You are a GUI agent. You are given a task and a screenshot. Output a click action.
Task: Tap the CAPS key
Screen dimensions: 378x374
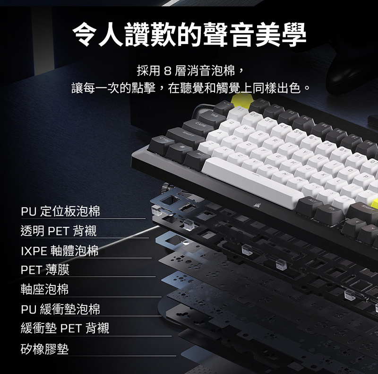(x=198, y=126)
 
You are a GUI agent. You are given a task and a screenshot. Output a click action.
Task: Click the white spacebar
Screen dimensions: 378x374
(x=251, y=181)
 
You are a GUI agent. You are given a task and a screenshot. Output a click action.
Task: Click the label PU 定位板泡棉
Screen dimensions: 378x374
(x=60, y=211)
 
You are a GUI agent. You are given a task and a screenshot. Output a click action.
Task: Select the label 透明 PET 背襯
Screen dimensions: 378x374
(x=59, y=231)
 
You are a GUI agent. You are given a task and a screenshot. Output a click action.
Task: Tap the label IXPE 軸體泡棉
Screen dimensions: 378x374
(x=60, y=251)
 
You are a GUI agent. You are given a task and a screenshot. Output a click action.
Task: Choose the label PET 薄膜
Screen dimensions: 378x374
(x=45, y=270)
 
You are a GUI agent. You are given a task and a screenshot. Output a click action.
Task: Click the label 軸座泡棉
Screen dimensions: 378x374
(x=44, y=289)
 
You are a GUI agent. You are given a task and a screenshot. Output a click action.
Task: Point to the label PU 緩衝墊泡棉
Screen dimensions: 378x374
(x=60, y=309)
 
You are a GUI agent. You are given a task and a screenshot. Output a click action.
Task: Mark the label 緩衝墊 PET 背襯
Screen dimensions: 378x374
(x=65, y=328)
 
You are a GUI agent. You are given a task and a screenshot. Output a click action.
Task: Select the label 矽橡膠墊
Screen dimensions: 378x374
(x=44, y=349)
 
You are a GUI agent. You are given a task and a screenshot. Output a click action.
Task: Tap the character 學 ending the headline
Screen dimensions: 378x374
(x=293, y=34)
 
